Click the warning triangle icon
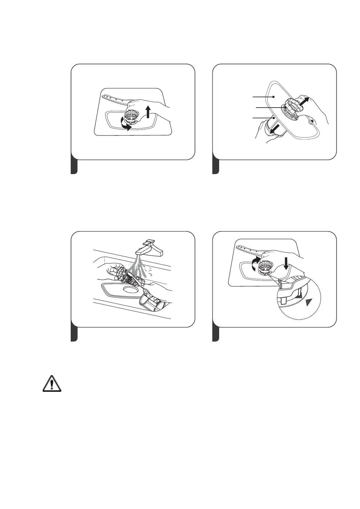click(x=52, y=384)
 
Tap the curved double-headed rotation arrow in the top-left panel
click(x=127, y=124)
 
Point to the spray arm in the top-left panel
click(x=114, y=99)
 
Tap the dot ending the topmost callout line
click(x=273, y=97)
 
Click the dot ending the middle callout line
click(x=285, y=107)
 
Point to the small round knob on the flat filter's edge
click(x=311, y=122)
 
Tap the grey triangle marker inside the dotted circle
click(x=308, y=302)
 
